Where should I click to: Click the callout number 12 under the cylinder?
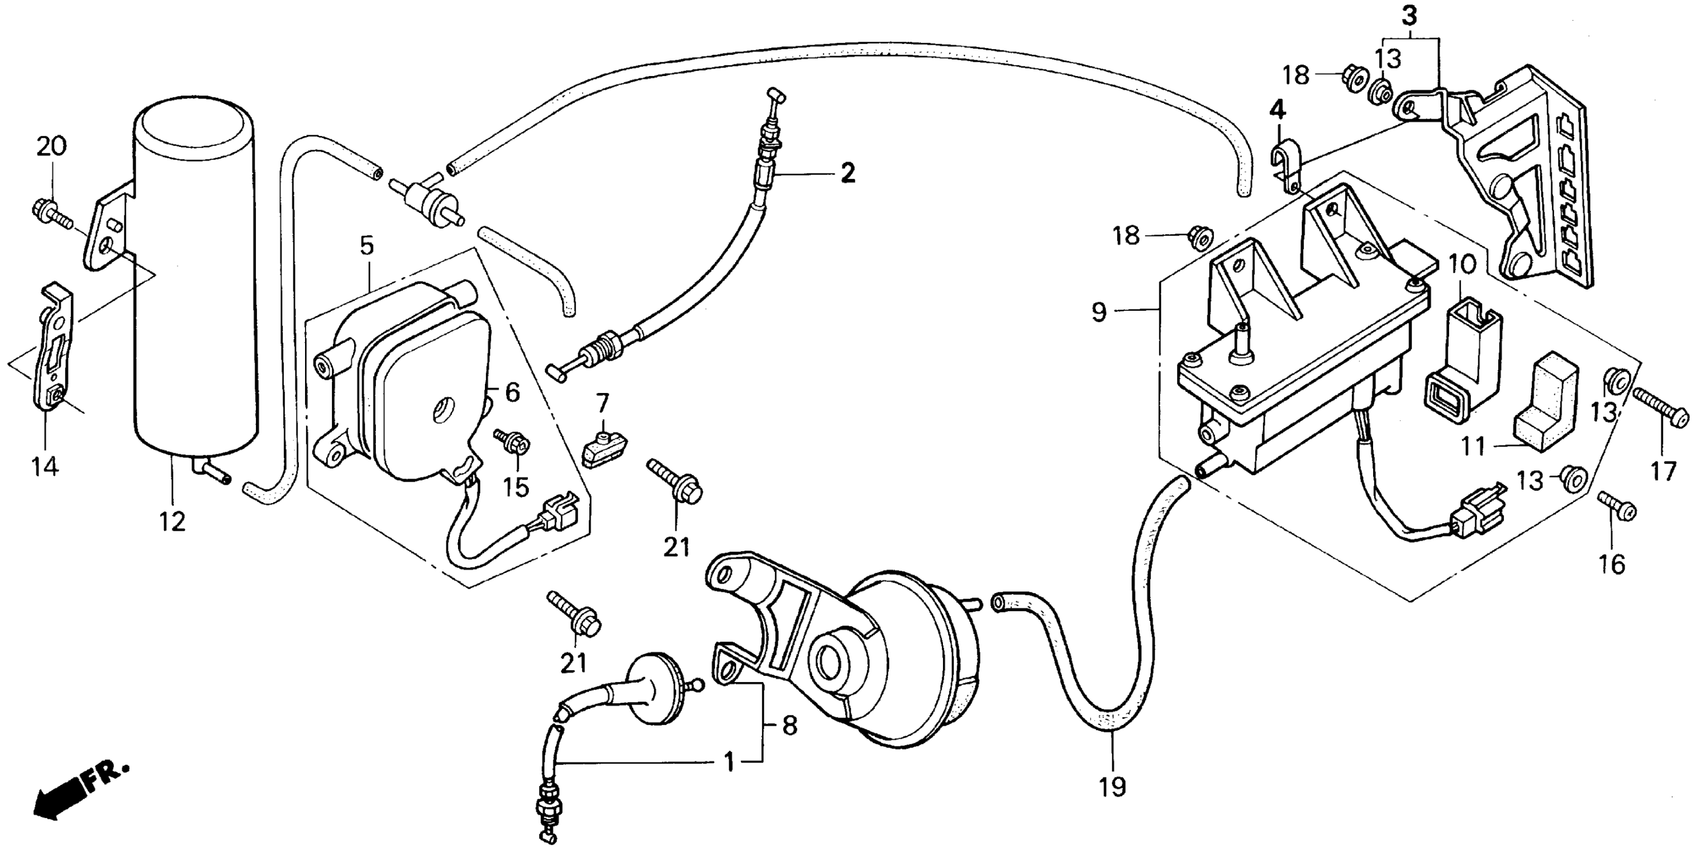172,522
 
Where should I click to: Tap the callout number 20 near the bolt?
51,146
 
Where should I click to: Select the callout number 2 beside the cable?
848,173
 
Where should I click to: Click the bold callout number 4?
1277,110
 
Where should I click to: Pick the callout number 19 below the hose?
1113,786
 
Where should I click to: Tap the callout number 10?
1462,265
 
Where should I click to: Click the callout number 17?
1663,471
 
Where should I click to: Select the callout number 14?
45,466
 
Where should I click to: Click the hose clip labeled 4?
1285,168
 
